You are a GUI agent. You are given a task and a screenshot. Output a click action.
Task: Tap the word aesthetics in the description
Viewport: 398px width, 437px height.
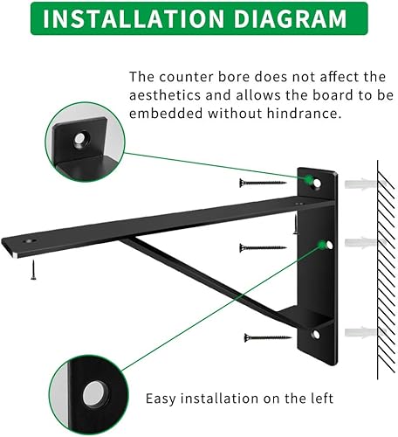pyautogui.click(x=167, y=95)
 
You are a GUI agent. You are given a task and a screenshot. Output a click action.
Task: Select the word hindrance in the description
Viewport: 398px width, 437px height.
pyautogui.click(x=300, y=114)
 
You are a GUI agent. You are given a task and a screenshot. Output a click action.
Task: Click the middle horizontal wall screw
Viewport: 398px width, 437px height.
pyautogui.click(x=262, y=247)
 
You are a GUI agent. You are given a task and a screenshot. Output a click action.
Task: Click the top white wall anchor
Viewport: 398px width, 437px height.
pyautogui.click(x=360, y=184)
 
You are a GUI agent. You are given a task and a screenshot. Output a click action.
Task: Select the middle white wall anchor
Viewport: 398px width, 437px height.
pyautogui.click(x=360, y=242)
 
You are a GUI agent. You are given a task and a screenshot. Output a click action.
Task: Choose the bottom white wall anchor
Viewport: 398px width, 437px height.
pyautogui.click(x=360, y=333)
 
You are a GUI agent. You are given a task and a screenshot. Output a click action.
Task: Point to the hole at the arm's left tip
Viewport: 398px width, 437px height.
pyautogui.click(x=34, y=240)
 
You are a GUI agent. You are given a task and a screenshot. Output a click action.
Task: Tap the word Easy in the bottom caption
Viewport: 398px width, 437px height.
pyautogui.click(x=161, y=399)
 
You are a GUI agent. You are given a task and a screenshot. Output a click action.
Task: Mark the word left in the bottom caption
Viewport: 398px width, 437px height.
pyautogui.click(x=319, y=399)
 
